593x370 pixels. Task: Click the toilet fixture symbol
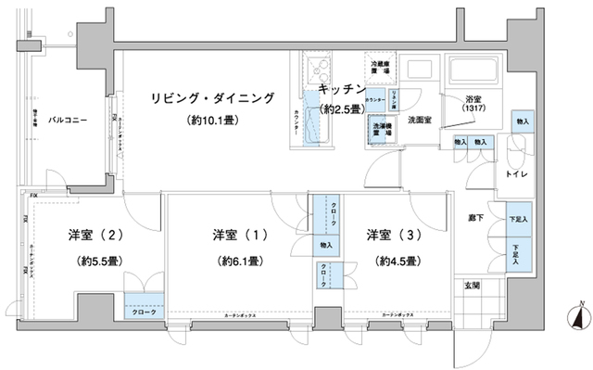click(513, 147)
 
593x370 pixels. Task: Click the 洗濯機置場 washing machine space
click(381, 131)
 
